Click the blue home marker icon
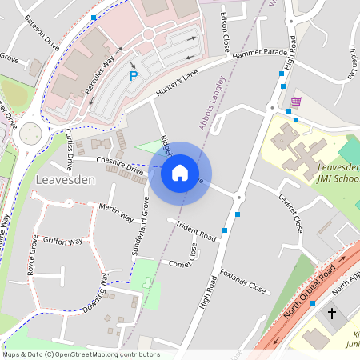click(x=180, y=172)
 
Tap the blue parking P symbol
click(x=134, y=76)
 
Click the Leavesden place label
click(x=66, y=180)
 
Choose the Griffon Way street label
click(x=63, y=241)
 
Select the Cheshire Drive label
click(x=119, y=165)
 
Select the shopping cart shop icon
click(x=297, y=102)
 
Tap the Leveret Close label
click(x=290, y=212)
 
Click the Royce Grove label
click(x=33, y=255)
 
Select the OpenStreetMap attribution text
click(x=80, y=354)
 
